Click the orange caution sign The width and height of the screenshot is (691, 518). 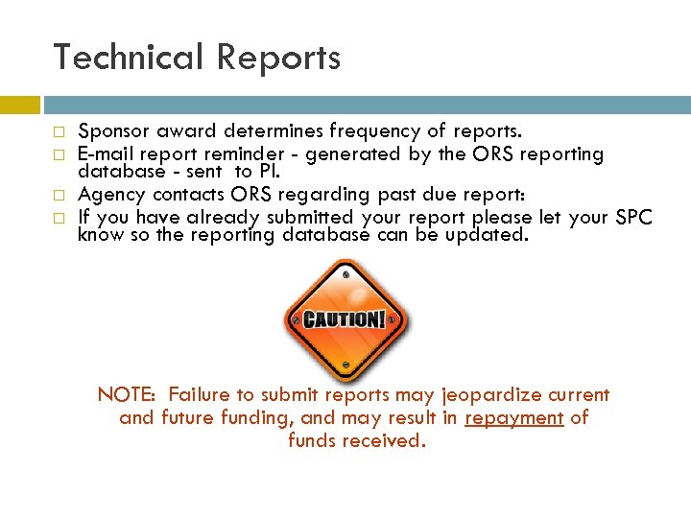click(x=345, y=318)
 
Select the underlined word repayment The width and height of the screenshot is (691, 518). click(x=513, y=418)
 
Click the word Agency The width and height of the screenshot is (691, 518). click(x=110, y=194)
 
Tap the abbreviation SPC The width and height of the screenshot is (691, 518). click(x=633, y=217)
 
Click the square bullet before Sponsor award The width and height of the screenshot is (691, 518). click(x=59, y=131)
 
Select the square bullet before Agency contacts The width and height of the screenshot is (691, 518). click(x=59, y=195)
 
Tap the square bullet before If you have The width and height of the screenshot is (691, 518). click(x=59, y=218)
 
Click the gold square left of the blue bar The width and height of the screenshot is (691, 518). click(x=19, y=105)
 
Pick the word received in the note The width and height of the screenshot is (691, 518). click(x=388, y=441)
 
